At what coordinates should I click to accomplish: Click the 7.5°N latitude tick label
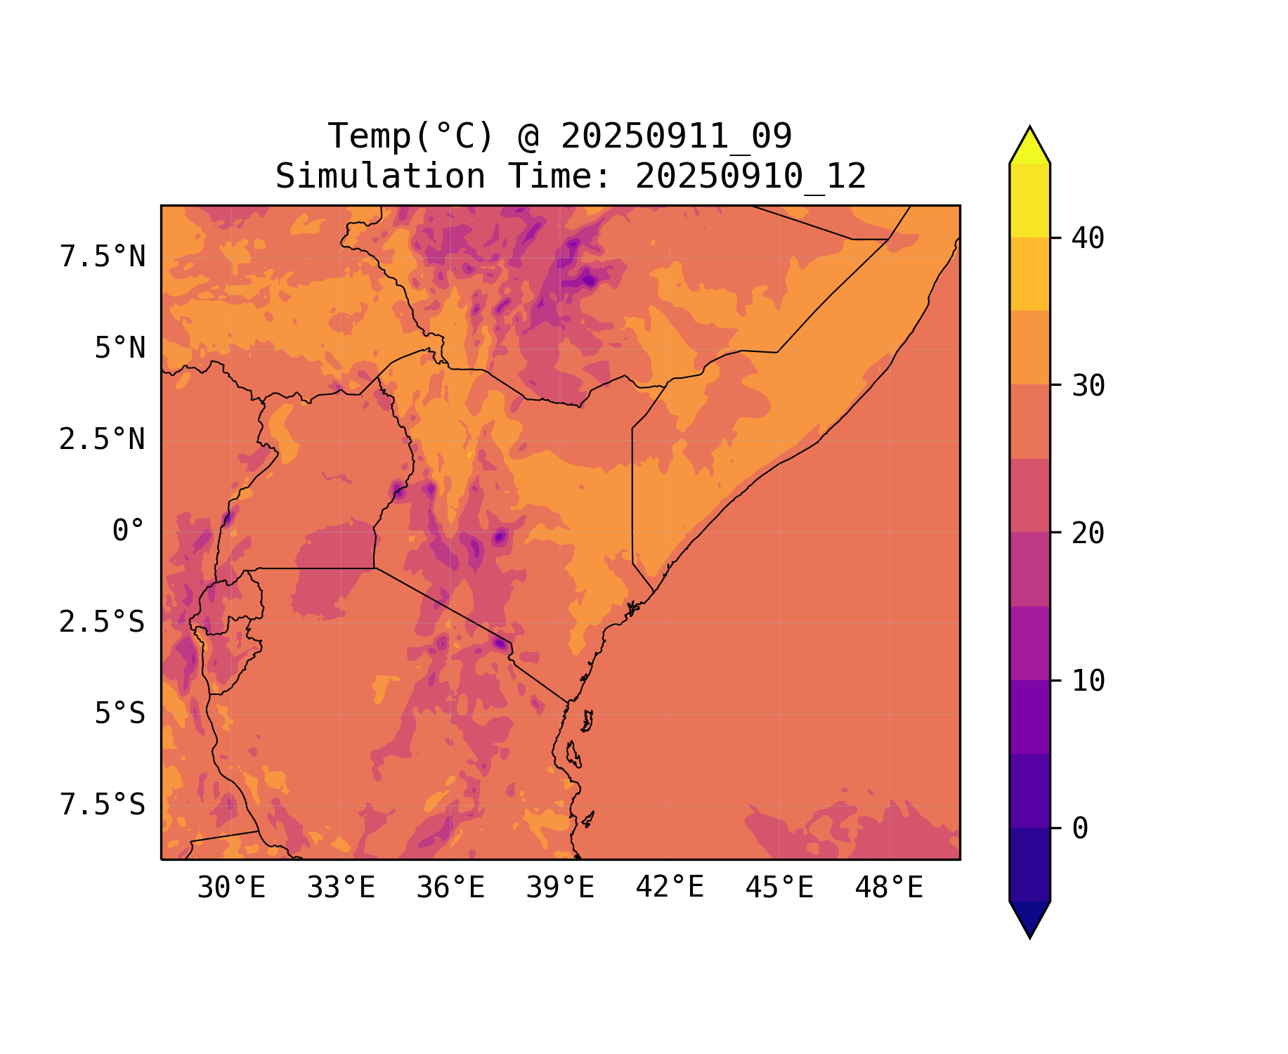point(103,256)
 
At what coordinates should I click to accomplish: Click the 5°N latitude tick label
point(120,348)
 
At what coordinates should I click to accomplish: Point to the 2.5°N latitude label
point(103,439)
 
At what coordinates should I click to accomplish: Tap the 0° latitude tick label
point(129,531)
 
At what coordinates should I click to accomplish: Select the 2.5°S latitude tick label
point(103,622)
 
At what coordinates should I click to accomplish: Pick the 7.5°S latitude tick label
point(103,805)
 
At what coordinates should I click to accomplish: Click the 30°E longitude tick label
point(231,888)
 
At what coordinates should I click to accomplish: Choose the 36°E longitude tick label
point(450,888)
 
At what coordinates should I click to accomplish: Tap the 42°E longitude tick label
point(670,887)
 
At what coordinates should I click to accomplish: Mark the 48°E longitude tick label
point(889,888)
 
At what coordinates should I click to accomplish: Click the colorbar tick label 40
point(1088,238)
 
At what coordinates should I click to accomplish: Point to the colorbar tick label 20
point(1088,533)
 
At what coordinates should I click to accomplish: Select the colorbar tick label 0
point(1080,828)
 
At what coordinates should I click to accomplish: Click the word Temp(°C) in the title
point(411,136)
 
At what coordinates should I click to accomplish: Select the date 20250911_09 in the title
point(677,136)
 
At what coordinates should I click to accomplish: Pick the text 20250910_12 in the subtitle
point(750,176)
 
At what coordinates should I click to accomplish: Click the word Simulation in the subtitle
point(380,176)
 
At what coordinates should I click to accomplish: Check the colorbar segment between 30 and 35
point(1029,348)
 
